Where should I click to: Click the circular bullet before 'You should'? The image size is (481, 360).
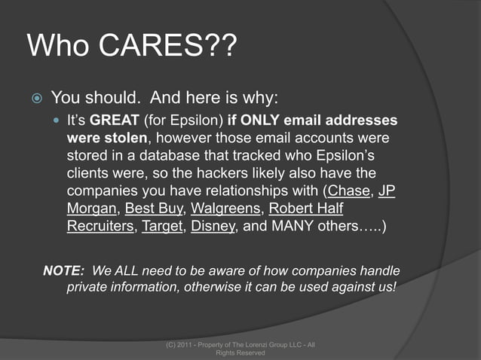pos(36,98)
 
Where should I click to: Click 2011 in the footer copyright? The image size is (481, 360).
pos(188,345)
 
